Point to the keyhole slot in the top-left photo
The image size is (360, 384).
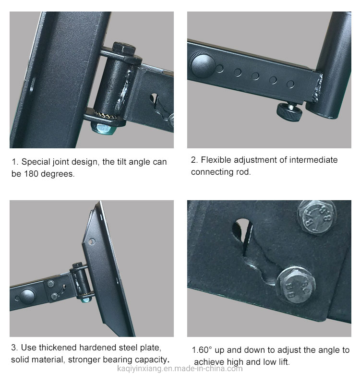[154, 99]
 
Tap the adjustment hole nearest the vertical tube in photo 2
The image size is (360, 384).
[290, 84]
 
